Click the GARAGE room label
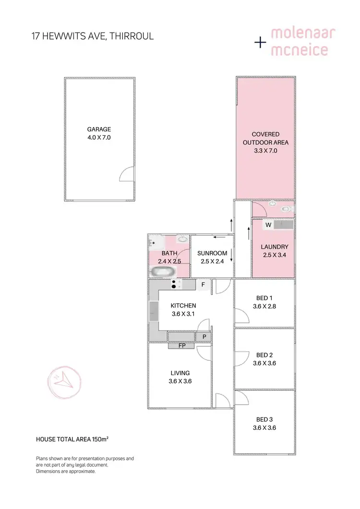point(99,129)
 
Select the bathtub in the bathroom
point(162,272)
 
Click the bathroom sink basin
point(183,239)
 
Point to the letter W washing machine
point(269,225)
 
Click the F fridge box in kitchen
point(203,284)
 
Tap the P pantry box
point(204,337)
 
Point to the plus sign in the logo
point(260,43)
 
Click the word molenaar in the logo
point(303,34)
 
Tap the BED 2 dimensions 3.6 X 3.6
point(264,363)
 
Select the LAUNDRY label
point(274,247)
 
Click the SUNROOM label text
point(212,253)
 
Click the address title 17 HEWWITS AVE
point(92,36)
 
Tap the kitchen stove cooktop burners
point(176,284)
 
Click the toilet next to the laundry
point(287,209)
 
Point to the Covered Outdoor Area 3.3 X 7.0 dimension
point(266,150)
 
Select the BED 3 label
point(264,420)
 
